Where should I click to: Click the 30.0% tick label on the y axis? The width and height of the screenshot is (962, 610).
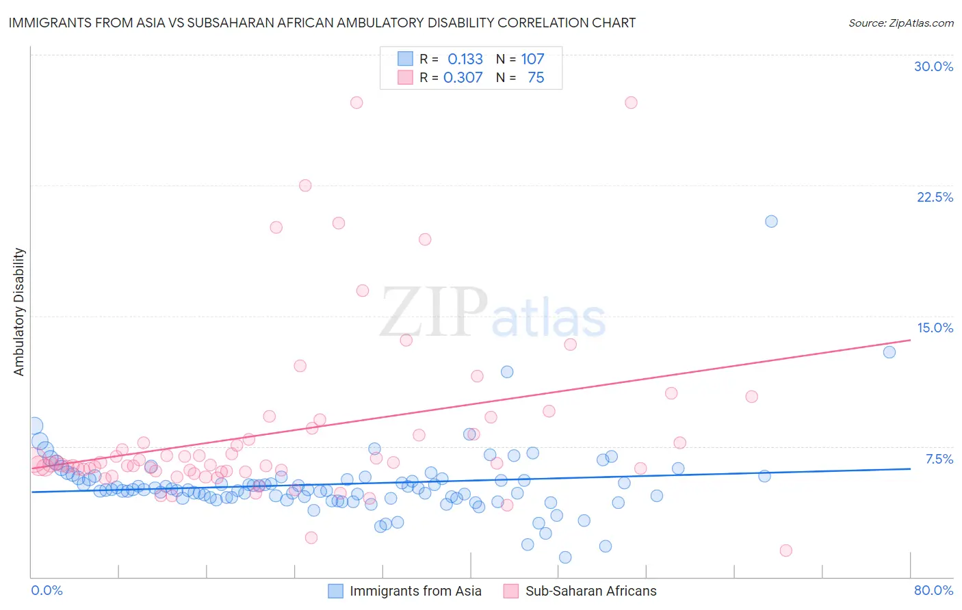coord(933,66)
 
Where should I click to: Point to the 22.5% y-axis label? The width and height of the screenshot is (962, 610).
coord(935,197)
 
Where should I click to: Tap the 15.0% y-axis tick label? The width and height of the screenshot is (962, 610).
coord(935,328)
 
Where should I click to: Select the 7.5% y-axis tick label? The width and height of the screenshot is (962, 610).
coord(939,459)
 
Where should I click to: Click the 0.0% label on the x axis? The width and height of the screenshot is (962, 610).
coord(47,590)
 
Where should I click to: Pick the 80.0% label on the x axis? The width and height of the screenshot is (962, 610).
coord(933,590)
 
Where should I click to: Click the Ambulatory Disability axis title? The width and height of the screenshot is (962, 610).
coord(19,312)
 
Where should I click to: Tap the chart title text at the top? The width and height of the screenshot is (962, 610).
coord(322,23)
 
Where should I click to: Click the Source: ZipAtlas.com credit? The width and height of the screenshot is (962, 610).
coord(900,23)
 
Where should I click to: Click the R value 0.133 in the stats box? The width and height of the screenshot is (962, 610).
coord(465,59)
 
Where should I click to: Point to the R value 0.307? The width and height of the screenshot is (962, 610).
coord(463,77)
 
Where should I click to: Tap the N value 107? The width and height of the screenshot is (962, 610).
coord(532,59)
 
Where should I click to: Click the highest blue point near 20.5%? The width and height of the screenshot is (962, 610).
coord(771,221)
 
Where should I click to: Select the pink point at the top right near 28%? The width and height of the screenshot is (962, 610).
coord(631,103)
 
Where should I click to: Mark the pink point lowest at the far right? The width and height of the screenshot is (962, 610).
coord(785,551)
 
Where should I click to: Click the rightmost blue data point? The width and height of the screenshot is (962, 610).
coord(889,352)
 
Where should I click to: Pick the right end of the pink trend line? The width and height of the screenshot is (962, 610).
coord(910,340)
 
